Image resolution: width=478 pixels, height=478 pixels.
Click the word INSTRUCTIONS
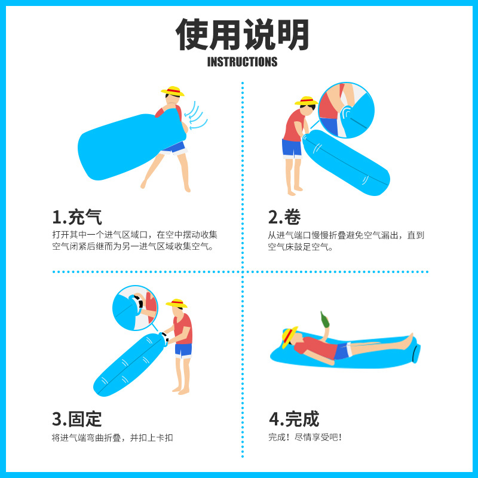click(242, 62)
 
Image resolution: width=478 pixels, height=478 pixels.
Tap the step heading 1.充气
click(77, 216)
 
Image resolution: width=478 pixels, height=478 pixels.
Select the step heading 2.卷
click(284, 216)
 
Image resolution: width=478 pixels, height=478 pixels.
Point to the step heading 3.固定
click(77, 418)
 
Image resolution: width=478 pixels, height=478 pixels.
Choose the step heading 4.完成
click(293, 418)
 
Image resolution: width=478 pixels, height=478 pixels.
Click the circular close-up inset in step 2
click(346, 111)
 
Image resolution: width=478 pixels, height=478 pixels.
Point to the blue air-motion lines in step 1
click(196, 117)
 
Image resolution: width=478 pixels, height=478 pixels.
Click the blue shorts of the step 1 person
click(174, 147)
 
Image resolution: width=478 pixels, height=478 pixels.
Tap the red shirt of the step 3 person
click(184, 329)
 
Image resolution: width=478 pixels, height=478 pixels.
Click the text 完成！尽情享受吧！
click(305, 437)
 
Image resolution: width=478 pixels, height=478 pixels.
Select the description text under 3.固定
click(112, 437)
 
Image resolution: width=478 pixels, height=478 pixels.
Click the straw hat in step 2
click(306, 101)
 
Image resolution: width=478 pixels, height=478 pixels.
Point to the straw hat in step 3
click(176, 303)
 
